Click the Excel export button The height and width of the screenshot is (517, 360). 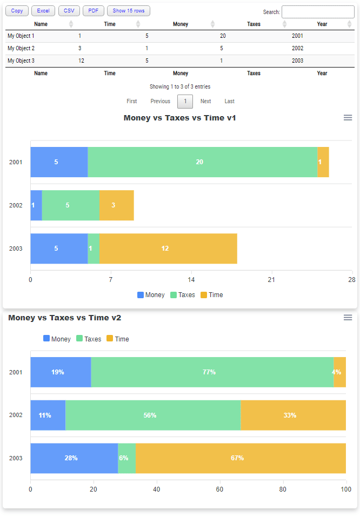pos(43,11)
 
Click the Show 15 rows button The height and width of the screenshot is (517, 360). pos(129,11)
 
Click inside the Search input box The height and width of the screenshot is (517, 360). pos(318,12)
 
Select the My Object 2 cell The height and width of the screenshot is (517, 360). pos(21,48)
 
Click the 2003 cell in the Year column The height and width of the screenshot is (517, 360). pos(297,61)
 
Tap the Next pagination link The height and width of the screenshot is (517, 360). pos(205,101)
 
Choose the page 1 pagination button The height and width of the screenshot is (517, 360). pos(185,101)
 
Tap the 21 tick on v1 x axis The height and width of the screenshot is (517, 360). pos(271,279)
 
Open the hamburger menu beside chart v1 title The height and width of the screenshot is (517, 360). pos(348,118)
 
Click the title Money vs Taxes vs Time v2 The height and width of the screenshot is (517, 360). pos(65,318)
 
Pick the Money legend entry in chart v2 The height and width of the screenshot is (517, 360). pos(57,339)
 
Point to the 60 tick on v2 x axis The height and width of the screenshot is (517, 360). pos(219,489)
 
